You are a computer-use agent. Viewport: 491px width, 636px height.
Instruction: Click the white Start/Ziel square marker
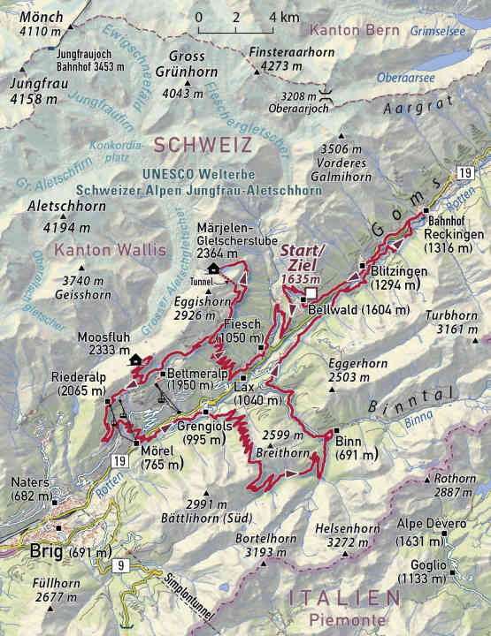311,294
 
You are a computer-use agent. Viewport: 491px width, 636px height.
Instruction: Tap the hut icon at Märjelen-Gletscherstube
213,269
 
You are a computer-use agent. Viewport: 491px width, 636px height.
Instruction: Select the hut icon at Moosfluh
134,360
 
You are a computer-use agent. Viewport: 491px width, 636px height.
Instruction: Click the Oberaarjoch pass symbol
327,94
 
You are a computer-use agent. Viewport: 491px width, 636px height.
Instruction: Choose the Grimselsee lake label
440,30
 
